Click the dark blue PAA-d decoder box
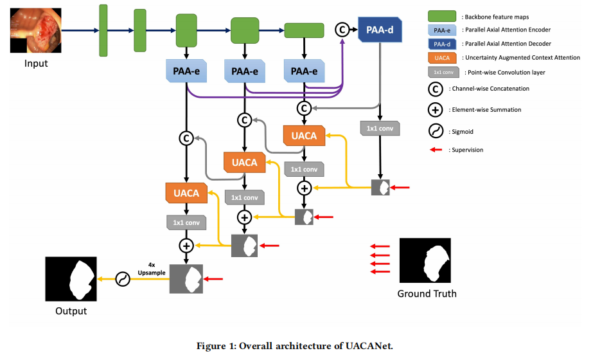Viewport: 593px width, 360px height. pos(380,30)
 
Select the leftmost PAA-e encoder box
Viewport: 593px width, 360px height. pos(186,71)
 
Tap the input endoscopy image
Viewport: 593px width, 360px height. pos(35,30)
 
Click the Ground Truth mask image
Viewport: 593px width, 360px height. pos(425,260)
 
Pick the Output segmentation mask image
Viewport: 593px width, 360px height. pos(71,279)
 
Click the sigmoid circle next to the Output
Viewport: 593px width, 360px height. pos(123,279)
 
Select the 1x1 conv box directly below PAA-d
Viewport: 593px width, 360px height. pos(380,129)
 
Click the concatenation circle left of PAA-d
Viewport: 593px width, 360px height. pos(342,30)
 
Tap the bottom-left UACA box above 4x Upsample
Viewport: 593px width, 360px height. pos(186,193)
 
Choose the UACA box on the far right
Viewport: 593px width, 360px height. pos(304,136)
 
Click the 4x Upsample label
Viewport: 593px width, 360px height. pos(151,269)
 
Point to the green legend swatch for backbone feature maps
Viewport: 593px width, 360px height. pos(442,16)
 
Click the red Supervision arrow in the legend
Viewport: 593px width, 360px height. pos(436,150)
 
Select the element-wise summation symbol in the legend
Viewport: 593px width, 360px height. pos(436,110)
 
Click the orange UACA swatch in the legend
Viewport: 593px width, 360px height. pos(442,58)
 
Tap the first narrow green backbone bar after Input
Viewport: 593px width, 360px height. pos(103,31)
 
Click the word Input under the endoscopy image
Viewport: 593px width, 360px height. pos(36,63)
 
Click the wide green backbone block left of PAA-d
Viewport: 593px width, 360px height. pos(304,31)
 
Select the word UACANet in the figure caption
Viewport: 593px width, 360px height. pos(369,346)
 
